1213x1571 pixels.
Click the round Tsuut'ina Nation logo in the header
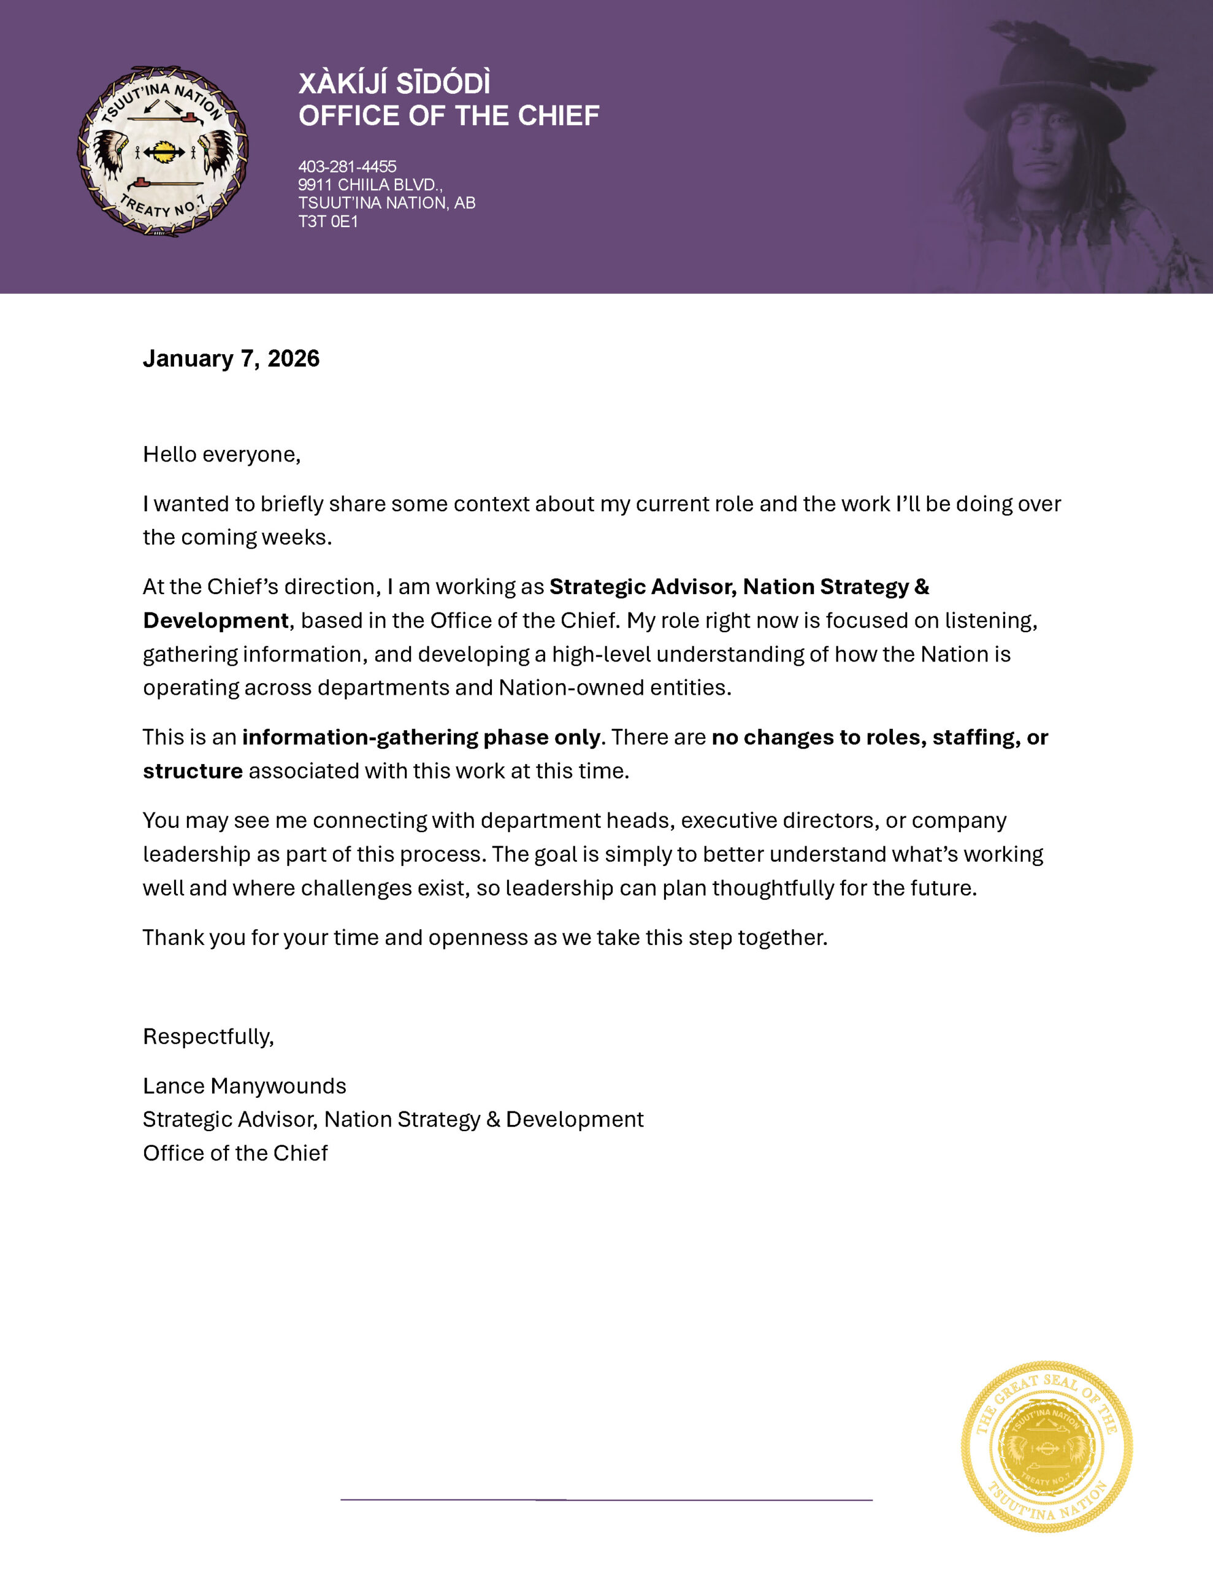click(163, 152)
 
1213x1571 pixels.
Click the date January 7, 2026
click(231, 358)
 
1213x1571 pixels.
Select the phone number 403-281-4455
click(347, 167)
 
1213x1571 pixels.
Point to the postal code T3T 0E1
click(328, 222)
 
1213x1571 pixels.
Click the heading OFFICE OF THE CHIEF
click(449, 116)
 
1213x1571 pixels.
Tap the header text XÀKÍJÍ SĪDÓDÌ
click(394, 83)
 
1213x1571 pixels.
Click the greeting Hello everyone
click(221, 455)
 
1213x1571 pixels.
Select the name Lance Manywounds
click(245, 1086)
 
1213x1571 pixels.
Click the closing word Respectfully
click(208, 1036)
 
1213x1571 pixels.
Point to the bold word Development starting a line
click(216, 621)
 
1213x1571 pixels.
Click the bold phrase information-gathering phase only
click(421, 737)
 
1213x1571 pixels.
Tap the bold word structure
click(193, 771)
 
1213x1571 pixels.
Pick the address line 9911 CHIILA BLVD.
click(370, 185)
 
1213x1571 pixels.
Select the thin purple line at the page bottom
click(606, 1500)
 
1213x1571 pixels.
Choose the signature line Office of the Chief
click(235, 1153)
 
